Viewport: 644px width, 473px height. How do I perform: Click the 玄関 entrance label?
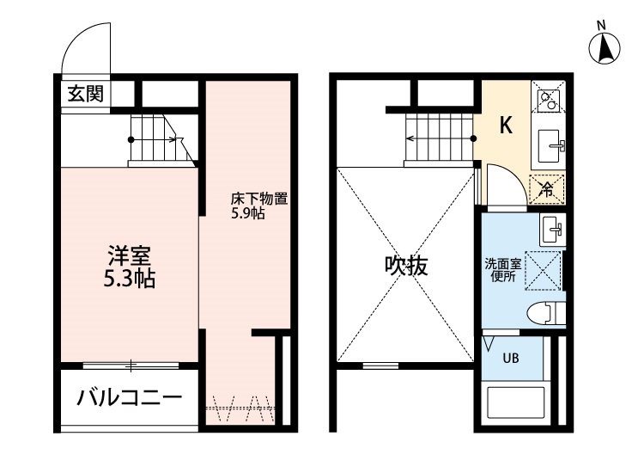85,94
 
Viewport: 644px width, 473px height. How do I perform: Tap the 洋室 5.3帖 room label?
130,267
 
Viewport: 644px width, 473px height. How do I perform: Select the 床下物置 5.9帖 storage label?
258,206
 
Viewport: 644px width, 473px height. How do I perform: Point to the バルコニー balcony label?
130,397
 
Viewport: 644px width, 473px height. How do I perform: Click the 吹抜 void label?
406,266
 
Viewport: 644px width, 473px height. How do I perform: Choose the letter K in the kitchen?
506,125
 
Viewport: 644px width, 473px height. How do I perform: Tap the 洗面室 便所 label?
503,270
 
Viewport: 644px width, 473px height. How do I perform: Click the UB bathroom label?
511,359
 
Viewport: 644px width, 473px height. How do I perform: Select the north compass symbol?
605,46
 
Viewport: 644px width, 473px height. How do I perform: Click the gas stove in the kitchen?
549,97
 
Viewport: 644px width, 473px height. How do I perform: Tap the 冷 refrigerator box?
548,189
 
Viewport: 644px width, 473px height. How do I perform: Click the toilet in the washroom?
546,313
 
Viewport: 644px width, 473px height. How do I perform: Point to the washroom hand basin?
552,230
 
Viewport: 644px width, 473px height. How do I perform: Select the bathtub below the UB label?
515,402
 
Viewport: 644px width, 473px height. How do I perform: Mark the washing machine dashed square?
543,271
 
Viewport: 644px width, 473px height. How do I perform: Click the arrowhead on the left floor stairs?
179,140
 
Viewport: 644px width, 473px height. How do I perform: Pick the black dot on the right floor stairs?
473,138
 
